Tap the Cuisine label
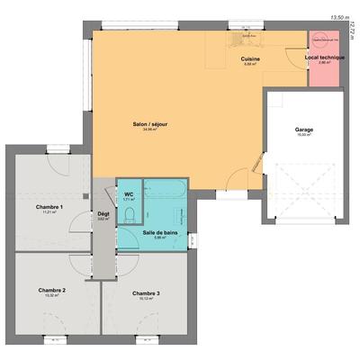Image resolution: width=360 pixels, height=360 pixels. coord(251,58)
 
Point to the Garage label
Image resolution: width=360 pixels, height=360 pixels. coord(304,130)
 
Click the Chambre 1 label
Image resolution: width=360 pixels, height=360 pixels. coord(49,207)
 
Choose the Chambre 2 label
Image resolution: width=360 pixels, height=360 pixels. coord(51,290)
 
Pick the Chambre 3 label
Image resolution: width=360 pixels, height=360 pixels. coord(146,293)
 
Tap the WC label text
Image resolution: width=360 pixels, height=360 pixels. coord(128,193)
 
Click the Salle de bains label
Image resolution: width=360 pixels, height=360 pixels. coord(161,232)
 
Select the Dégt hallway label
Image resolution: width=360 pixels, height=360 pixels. coord(103,213)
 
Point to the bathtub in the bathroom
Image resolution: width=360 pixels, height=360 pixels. coord(166,192)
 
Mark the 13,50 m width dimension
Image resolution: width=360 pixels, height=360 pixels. coord(339,17)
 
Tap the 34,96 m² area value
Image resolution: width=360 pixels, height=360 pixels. coord(149,130)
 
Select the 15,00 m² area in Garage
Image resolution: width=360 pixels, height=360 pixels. coord(304,136)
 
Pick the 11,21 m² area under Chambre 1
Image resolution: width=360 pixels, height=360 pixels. coord(49,213)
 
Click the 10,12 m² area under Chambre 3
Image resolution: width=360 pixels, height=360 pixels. coord(146,300)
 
